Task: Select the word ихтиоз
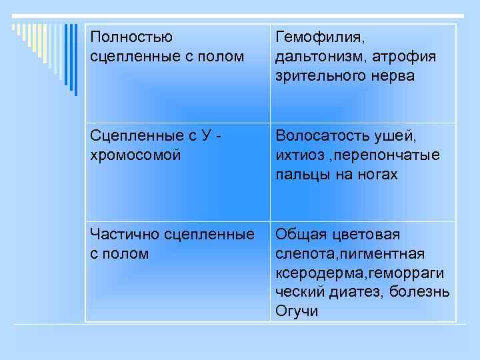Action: tap(296, 155)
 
